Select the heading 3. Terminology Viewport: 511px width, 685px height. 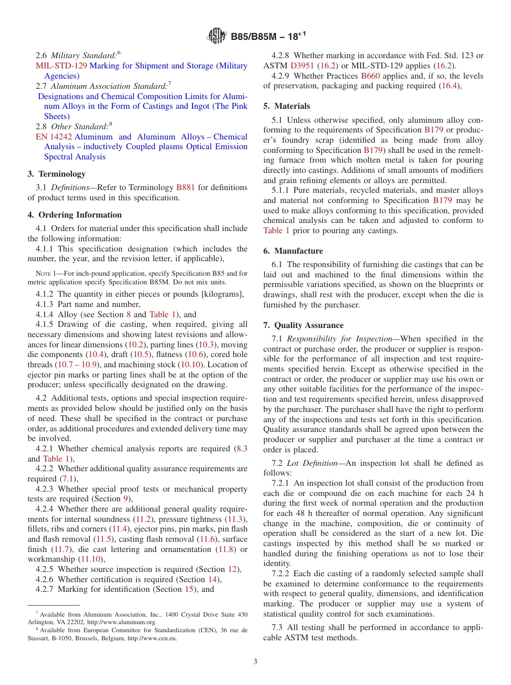(56, 174)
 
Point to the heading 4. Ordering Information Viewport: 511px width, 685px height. (75, 215)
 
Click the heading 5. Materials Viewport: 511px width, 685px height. (287, 106)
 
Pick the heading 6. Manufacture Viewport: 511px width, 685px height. (293, 251)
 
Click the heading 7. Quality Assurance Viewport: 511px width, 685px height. (303, 325)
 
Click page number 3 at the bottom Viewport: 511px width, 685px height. (256, 662)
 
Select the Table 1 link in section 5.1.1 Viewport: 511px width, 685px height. (276, 230)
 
